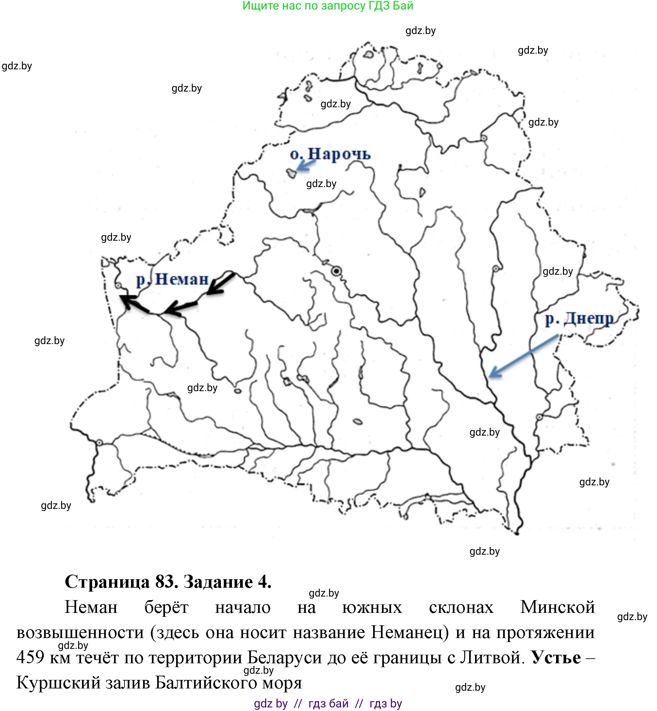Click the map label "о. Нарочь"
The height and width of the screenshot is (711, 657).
click(x=330, y=154)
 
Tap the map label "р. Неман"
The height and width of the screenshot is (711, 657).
click(x=173, y=279)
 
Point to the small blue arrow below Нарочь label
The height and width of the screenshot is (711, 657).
click(x=306, y=165)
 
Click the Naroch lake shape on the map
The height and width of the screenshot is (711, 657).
click(x=291, y=173)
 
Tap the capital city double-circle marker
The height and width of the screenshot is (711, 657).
click(x=336, y=271)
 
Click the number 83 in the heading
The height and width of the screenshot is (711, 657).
click(x=166, y=582)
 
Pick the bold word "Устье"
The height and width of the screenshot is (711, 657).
click(x=556, y=658)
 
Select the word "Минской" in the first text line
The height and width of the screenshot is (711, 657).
click(x=557, y=607)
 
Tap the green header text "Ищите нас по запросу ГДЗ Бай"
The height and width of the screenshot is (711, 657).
click(x=328, y=6)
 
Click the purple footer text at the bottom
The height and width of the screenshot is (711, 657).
click(x=328, y=703)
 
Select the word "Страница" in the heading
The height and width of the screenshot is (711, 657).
click(x=107, y=582)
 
